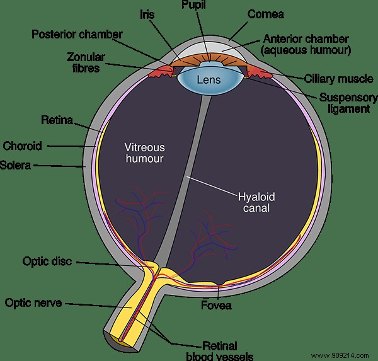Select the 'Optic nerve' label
coord(32,303)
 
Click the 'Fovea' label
coord(217,306)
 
